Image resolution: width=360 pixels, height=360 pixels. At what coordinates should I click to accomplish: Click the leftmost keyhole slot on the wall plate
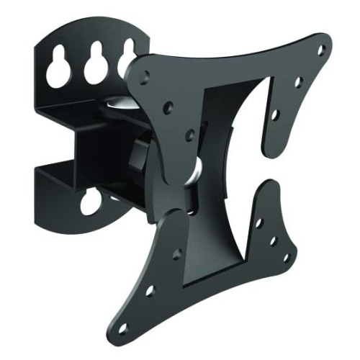pos(60,68)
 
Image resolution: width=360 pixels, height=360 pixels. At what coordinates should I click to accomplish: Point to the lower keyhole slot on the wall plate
pos(91,202)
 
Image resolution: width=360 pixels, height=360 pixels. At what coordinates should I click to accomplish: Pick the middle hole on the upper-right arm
pos(298,81)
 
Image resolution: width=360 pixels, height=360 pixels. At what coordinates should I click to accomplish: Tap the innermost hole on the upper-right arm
pos(274,114)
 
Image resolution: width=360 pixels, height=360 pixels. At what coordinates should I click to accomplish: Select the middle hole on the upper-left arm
pos(168,107)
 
